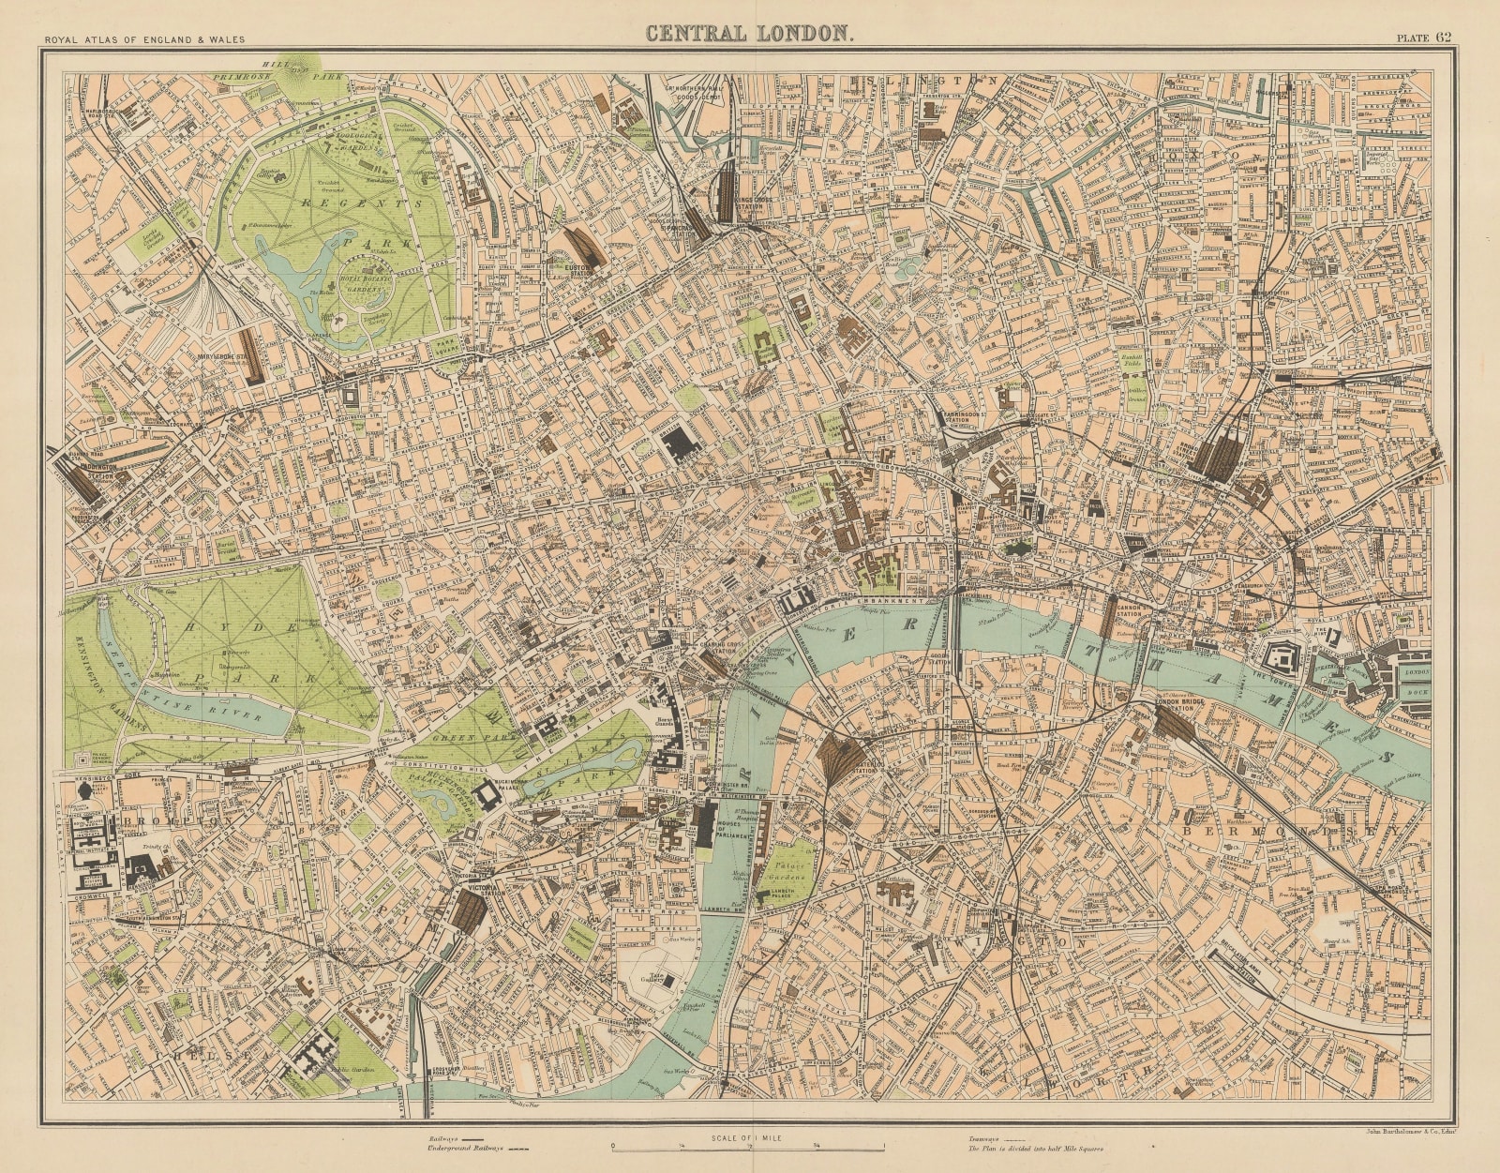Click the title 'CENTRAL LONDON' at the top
pos(749,34)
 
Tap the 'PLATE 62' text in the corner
pos(1424,38)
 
